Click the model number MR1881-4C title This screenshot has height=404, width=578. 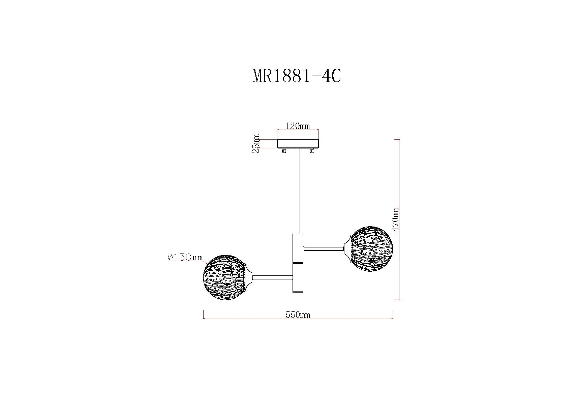click(297, 76)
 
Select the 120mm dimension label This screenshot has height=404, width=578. click(297, 126)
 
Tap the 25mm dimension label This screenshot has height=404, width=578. click(256, 144)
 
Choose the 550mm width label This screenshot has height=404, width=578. click(298, 315)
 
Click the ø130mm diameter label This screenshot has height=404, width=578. click(185, 257)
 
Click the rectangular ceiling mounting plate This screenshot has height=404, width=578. click(298, 144)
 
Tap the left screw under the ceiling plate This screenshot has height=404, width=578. click(284, 151)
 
